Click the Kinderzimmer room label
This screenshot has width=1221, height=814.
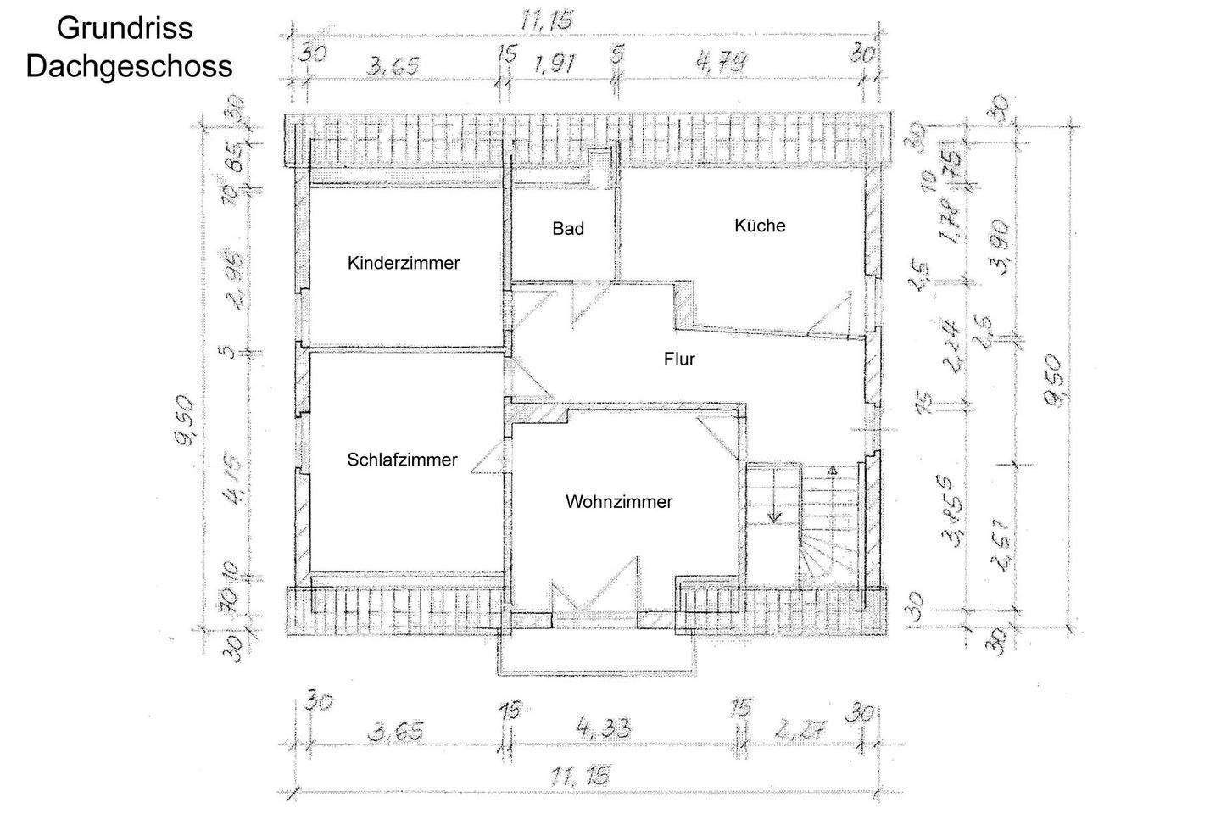coord(404,263)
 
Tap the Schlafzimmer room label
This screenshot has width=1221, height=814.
coord(402,460)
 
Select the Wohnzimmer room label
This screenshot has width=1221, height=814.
coord(619,502)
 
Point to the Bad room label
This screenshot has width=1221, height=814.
coord(568,229)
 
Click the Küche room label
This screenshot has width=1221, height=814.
coord(760,226)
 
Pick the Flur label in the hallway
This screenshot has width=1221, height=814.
coord(679,360)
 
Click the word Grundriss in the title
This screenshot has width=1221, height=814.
coord(125,28)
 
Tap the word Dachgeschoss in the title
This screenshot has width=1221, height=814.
coord(129,66)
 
